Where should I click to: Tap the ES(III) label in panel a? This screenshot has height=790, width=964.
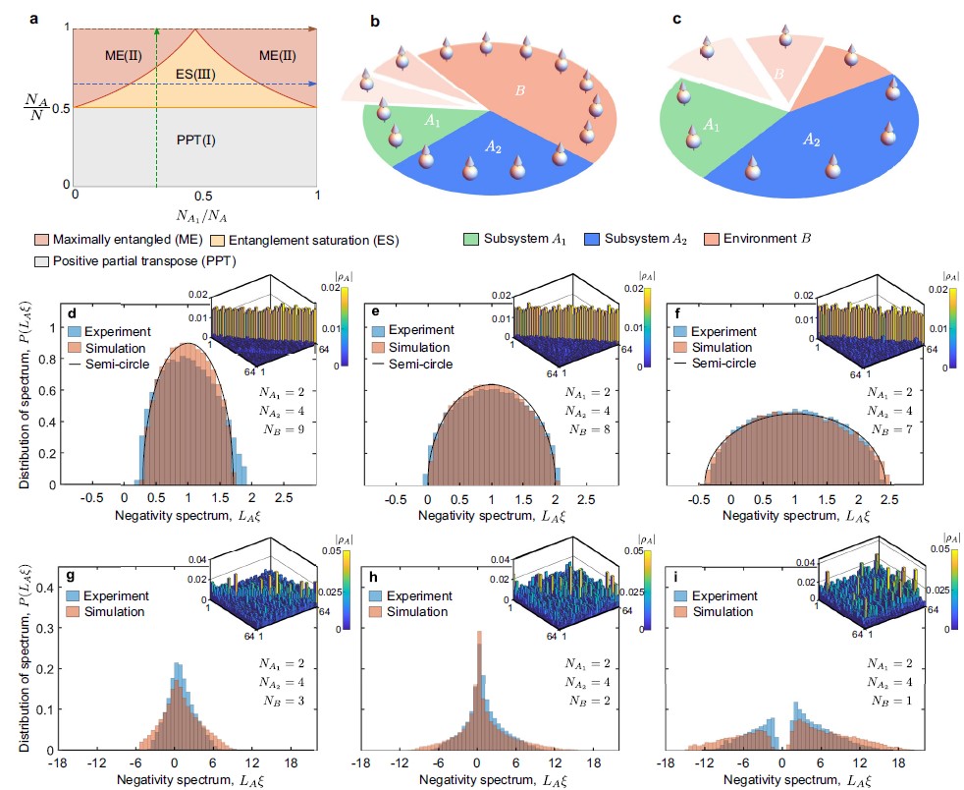197,72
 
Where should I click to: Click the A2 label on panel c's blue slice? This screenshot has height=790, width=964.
812,141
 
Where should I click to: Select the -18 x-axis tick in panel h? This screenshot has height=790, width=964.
361,762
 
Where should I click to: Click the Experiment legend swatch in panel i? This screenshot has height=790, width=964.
681,596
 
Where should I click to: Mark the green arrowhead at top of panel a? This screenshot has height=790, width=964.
157,30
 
